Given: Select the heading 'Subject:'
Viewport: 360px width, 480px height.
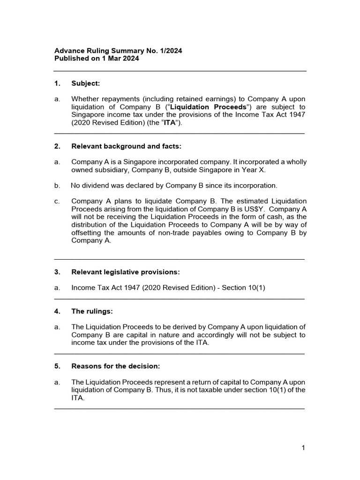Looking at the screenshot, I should pyautogui.click(x=85, y=83).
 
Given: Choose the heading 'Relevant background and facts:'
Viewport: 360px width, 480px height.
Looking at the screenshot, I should pyautogui.click(x=126, y=146).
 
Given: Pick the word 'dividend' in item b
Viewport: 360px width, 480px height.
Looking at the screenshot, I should pyautogui.click(x=96, y=185).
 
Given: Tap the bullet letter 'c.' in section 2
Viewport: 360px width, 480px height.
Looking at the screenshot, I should pyautogui.click(x=57, y=201).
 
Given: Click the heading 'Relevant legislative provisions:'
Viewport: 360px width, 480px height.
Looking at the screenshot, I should pyautogui.click(x=125, y=272).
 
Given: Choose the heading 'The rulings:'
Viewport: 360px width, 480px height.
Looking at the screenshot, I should pyautogui.click(x=92, y=311).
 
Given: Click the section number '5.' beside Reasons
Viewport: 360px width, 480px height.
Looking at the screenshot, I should pyautogui.click(x=57, y=366).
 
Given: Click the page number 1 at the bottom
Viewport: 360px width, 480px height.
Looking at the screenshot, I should pyautogui.click(x=303, y=448).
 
